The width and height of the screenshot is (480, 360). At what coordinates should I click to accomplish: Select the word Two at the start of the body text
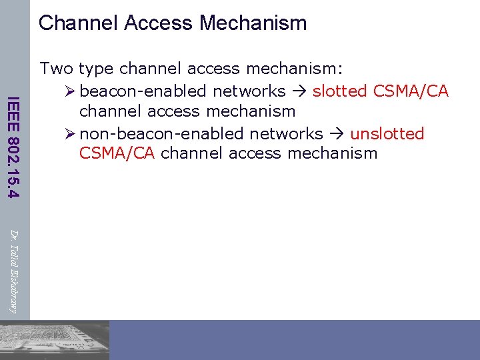[x=57, y=69]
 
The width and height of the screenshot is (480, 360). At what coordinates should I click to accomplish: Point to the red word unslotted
[x=387, y=133]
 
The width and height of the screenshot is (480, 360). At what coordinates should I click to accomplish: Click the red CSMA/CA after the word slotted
[x=413, y=91]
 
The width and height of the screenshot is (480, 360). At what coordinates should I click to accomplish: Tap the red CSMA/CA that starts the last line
[x=117, y=153]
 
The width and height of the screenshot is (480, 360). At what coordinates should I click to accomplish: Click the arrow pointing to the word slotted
[x=299, y=91]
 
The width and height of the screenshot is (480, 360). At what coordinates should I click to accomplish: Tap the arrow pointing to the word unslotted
[x=337, y=133]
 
